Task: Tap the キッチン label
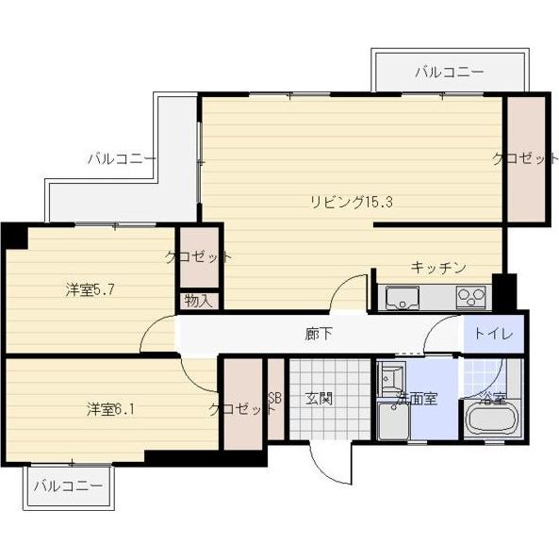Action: pos(437,268)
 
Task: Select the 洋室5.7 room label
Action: pos(90,290)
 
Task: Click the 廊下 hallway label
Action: pos(318,333)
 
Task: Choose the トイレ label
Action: pos(492,333)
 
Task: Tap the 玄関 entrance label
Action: pos(319,398)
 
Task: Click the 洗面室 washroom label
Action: pos(416,399)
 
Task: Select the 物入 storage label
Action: pos(198,302)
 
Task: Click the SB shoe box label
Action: pos(275,398)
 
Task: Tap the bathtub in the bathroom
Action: pos(491,420)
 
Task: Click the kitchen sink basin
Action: pos(402,300)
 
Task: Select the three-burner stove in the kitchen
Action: pos(469,299)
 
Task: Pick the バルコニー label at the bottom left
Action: pos(69,486)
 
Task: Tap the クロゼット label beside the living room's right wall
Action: pos(525,158)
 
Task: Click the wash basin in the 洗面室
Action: pos(389,380)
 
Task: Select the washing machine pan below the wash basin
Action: pos(392,420)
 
